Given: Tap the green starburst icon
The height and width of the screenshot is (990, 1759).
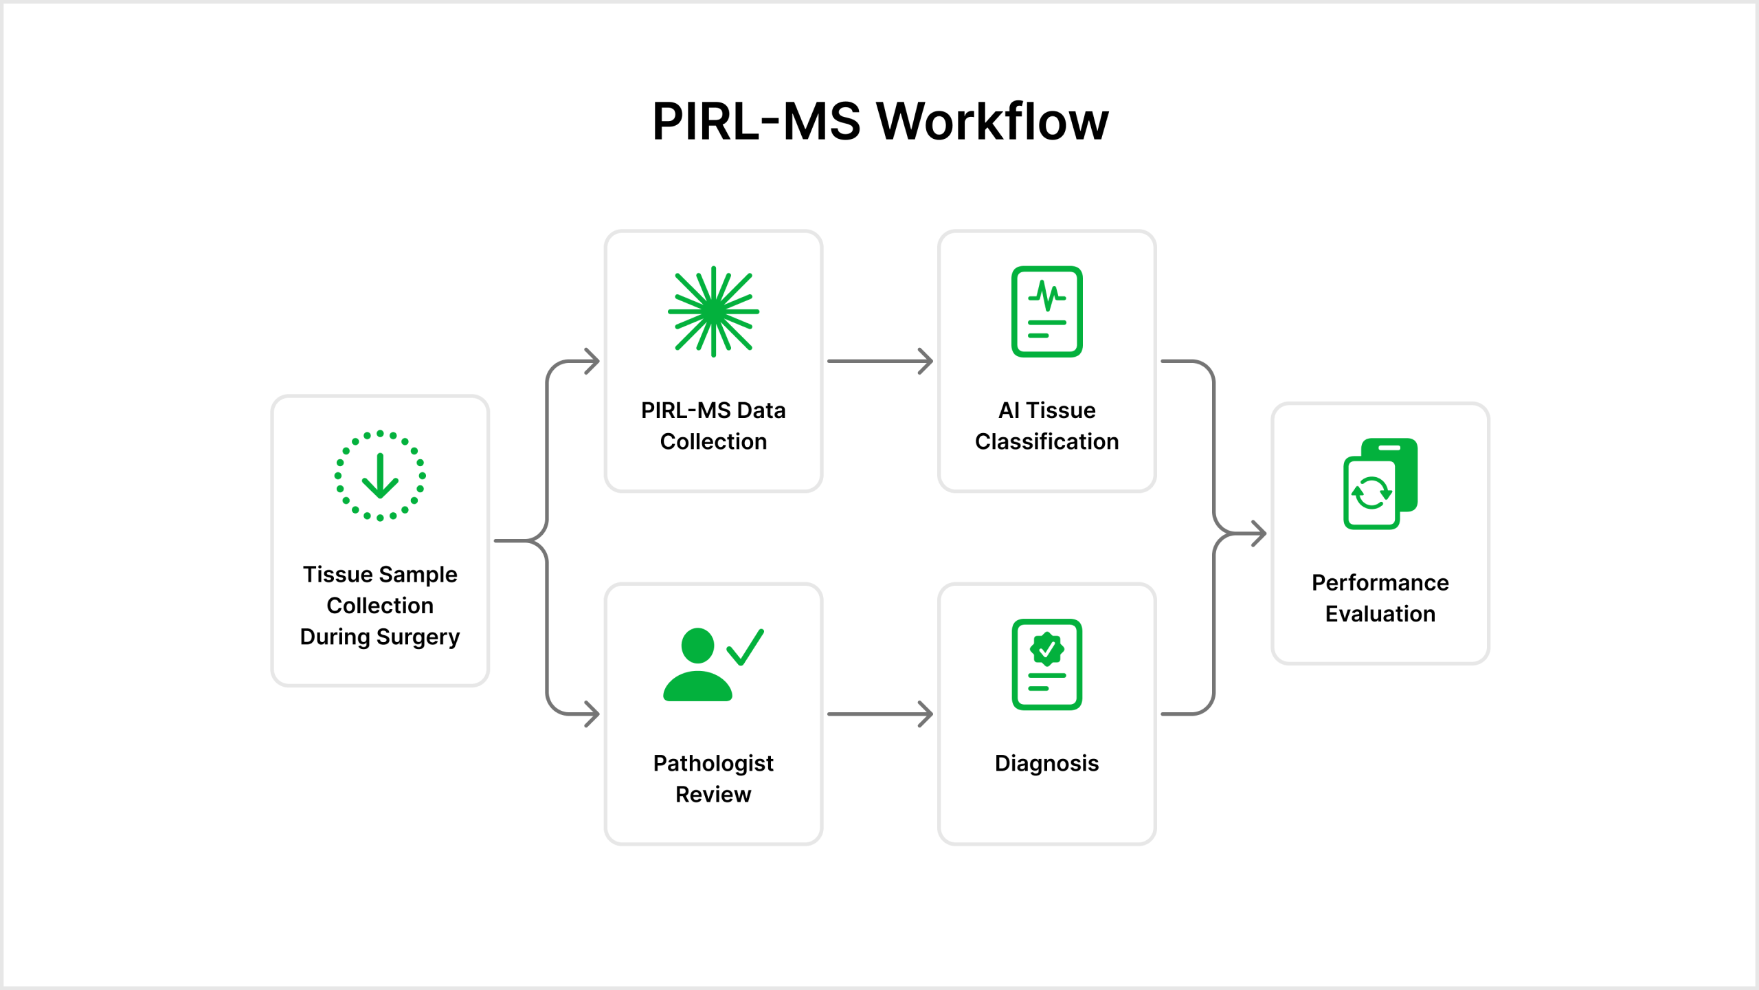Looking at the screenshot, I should [713, 311].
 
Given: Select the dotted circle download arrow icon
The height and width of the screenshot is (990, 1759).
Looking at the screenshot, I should [380, 476].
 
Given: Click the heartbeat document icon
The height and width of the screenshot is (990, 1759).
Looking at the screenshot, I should [1046, 311].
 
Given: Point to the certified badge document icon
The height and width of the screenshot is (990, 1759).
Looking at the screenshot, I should [1046, 664].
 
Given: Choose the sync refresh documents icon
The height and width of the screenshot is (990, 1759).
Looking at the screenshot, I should [1380, 483].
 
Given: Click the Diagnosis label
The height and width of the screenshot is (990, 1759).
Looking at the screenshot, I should [1046, 763].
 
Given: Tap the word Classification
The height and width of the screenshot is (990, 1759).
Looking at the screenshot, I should [1046, 441].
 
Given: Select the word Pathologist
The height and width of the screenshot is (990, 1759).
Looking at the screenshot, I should [713, 763].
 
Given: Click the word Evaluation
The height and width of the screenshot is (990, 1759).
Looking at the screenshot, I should [1380, 613].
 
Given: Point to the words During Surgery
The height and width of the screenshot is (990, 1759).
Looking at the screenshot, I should [380, 637].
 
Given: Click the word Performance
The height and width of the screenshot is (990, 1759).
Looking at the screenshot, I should [1380, 582].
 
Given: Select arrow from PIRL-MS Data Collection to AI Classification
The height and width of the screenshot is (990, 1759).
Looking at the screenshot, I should [879, 361].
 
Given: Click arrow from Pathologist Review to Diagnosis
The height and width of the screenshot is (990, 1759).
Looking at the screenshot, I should [879, 714].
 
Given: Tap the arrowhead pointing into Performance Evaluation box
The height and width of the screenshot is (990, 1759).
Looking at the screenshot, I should [1259, 533].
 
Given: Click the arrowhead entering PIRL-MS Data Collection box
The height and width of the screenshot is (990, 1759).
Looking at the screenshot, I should [592, 361].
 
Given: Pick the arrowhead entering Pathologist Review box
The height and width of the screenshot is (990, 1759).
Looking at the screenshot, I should [592, 714].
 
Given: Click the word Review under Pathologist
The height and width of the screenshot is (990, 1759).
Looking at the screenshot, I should [713, 794].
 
